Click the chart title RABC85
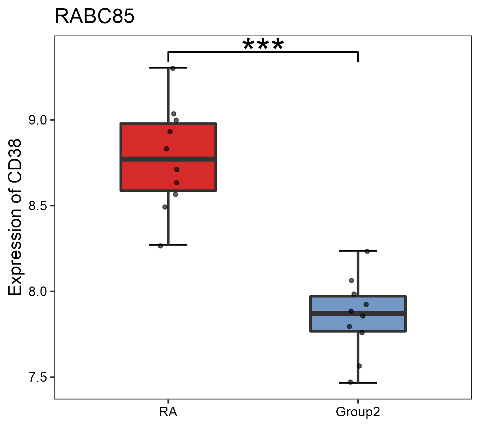pyautogui.click(x=95, y=16)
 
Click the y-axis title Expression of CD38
pyautogui.click(x=15, y=217)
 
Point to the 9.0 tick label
pyautogui.click(x=38, y=120)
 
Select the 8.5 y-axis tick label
pyautogui.click(x=38, y=206)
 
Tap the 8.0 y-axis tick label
pyautogui.click(x=38, y=291)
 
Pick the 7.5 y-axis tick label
pyautogui.click(x=38, y=377)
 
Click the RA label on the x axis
pyautogui.click(x=168, y=412)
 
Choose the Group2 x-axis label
pyautogui.click(x=358, y=412)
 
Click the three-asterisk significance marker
pyautogui.click(x=263, y=45)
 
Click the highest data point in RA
pyautogui.click(x=173, y=68)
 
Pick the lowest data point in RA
pyautogui.click(x=160, y=246)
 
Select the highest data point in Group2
pyautogui.click(x=367, y=251)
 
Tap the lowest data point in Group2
pyautogui.click(x=351, y=382)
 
